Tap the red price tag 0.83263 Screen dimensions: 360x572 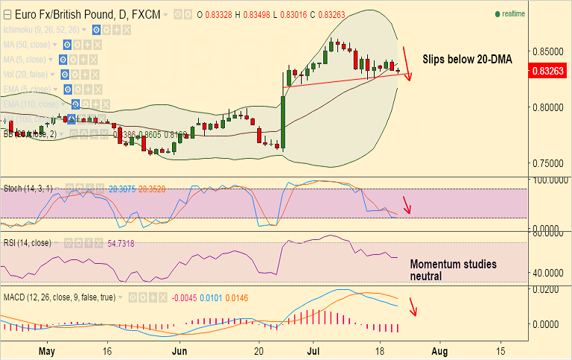click(548, 72)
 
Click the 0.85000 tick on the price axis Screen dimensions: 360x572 click(547, 51)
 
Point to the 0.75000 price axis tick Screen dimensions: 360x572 click(547, 163)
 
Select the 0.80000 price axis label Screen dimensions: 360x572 click(547, 107)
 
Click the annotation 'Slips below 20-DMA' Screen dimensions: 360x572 click(467, 58)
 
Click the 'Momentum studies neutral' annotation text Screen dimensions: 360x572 click(453, 270)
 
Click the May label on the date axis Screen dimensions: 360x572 click(47, 350)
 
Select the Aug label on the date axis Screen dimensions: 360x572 click(440, 350)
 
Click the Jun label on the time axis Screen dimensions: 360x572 click(179, 350)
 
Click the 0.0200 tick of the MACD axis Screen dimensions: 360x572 click(550, 288)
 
